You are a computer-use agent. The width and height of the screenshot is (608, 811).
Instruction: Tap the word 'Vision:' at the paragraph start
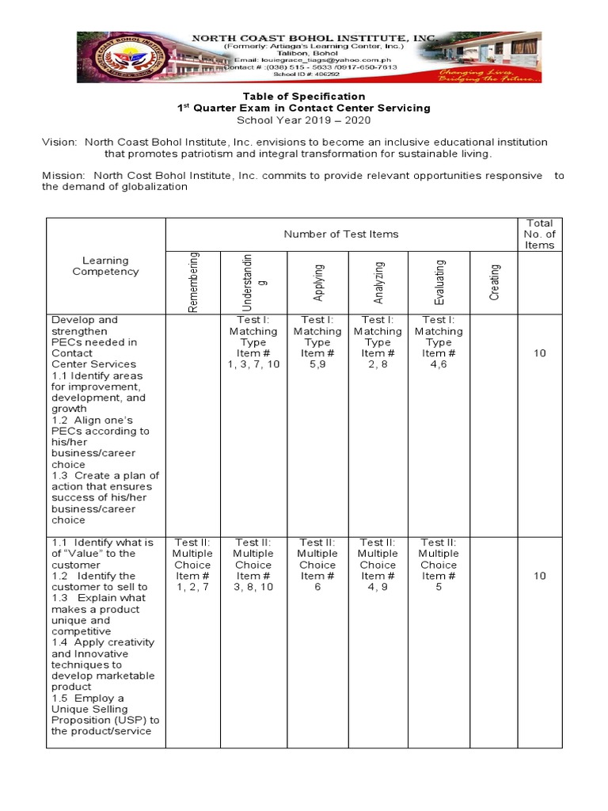60,143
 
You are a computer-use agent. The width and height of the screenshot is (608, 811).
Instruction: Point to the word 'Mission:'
64,176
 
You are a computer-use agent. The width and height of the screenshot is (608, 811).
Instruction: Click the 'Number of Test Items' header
340,234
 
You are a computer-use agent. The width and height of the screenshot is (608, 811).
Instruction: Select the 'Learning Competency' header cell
105,266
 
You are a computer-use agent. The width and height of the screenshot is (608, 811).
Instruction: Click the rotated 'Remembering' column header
195,282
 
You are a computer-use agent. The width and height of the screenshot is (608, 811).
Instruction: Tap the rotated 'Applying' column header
317,282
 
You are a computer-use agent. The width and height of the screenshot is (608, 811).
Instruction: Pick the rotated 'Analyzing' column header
378,282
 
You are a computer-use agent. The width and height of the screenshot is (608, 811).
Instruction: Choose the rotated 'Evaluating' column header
439,282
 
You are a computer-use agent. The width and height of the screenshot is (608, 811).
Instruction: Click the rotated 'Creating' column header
494,282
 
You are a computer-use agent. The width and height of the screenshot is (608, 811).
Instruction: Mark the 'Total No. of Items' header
539,234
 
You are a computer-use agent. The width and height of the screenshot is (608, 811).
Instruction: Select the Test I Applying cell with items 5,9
317,342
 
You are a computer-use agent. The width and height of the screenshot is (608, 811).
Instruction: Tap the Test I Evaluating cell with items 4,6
439,342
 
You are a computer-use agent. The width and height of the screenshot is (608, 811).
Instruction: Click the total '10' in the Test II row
539,576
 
